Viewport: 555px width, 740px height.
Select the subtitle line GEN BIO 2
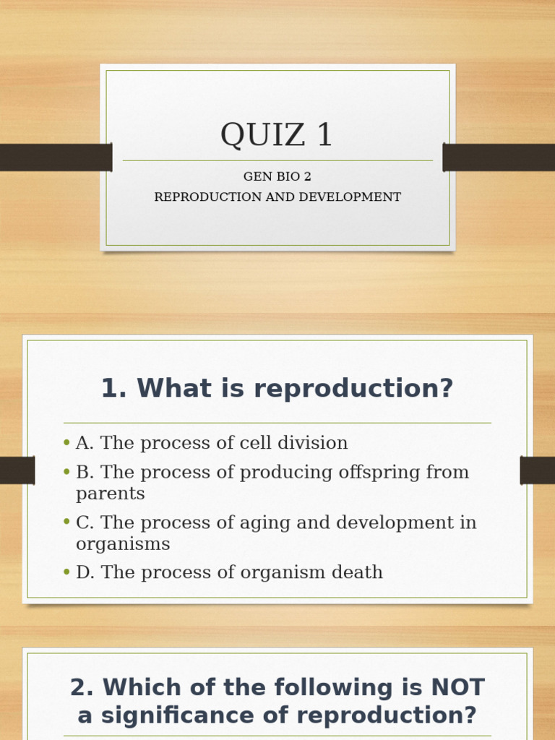(277, 176)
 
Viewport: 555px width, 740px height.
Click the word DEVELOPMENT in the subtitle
(358, 197)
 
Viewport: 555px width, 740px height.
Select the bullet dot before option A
(66, 443)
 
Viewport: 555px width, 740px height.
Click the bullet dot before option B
(66, 473)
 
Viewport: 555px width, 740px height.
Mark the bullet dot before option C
(66, 522)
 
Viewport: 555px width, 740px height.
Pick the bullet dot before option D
(66, 572)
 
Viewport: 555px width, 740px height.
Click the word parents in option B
(111, 494)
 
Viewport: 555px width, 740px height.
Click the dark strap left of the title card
(55, 157)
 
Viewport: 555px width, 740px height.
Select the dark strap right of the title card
(499, 157)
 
